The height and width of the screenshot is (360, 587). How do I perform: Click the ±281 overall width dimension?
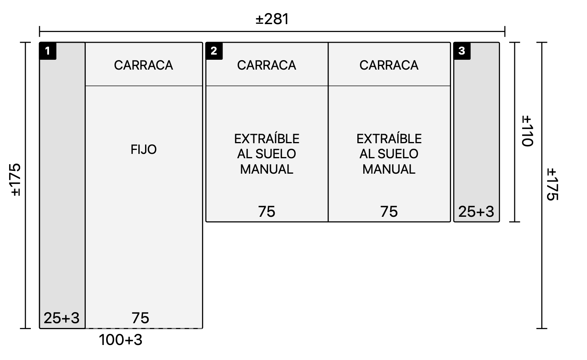pos(272,19)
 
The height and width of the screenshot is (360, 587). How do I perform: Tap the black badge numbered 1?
pos(48,51)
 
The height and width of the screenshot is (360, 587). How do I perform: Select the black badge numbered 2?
pos(214,51)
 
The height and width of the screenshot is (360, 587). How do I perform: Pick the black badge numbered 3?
pos(462,51)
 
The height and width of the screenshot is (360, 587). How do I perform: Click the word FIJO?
pos(143,150)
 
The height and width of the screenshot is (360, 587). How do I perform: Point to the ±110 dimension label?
pos(527,131)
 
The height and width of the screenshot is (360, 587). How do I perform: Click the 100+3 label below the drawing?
pos(121,340)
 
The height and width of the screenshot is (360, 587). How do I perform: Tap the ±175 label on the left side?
pos(16,180)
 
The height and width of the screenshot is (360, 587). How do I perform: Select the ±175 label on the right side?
pos(552,184)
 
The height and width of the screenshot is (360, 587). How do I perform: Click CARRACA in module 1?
pos(143,65)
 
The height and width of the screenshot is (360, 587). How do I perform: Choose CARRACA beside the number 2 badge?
pos(267,65)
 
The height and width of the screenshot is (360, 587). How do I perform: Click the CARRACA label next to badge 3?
pos(389,65)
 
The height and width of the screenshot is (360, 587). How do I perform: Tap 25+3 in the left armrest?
pos(62,318)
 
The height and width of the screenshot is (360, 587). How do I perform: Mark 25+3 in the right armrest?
pos(476,212)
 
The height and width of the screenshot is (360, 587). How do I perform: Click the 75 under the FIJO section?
pos(140,318)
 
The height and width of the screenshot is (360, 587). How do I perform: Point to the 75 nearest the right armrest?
pos(389,212)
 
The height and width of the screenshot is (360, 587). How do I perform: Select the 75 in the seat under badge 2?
pos(267,212)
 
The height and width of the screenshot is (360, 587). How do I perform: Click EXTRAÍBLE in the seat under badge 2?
pos(267,138)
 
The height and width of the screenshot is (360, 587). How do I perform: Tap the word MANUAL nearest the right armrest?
pos(389,169)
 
